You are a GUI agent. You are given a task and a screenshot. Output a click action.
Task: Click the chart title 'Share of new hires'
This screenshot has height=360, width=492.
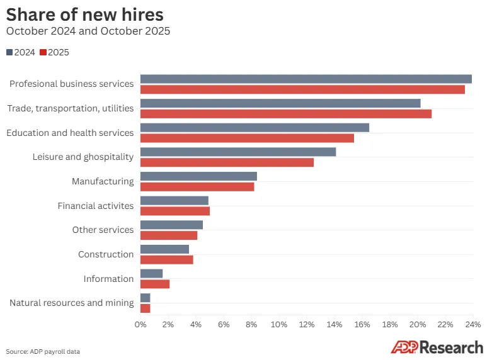[x=84, y=14]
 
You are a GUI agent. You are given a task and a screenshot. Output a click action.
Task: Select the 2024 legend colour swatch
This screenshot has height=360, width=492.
[x=9, y=52]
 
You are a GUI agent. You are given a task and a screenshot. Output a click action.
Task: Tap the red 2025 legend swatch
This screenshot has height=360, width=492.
[x=43, y=52]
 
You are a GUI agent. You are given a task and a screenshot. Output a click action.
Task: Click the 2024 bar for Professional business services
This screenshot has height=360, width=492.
[x=306, y=79]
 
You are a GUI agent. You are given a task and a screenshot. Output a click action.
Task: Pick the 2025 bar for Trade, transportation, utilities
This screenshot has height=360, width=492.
[x=286, y=114]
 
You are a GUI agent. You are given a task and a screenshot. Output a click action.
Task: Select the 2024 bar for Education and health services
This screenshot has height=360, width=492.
[x=255, y=128]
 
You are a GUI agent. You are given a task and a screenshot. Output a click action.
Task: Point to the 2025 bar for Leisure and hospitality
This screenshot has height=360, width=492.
[x=227, y=162]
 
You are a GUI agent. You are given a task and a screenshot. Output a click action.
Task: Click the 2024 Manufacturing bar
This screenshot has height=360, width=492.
[x=198, y=176]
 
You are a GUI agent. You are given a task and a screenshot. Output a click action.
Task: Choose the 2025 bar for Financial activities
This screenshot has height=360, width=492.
[x=175, y=211]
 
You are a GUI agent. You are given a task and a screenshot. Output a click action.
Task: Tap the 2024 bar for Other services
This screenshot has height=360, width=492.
[x=171, y=225]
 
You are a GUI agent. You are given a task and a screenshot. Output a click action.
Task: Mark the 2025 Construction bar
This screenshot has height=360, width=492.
[x=166, y=260]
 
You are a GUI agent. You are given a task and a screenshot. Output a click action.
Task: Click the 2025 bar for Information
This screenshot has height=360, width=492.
[x=155, y=284]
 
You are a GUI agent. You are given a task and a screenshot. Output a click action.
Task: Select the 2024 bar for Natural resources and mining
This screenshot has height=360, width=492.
[x=146, y=298]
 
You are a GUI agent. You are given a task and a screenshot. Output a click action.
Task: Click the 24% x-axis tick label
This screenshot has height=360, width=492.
[x=473, y=325]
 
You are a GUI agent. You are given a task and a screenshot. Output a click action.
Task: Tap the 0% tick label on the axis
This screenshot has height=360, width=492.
[x=140, y=325]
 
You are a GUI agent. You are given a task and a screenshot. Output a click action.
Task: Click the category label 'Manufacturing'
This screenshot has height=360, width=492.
[x=103, y=181]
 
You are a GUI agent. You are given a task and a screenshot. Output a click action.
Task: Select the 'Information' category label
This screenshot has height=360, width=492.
[x=108, y=279]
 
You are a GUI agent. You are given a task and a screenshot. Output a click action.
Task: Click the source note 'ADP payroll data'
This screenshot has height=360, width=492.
[x=55, y=352]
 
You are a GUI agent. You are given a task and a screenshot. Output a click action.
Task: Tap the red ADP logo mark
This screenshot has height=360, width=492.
[x=405, y=347]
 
